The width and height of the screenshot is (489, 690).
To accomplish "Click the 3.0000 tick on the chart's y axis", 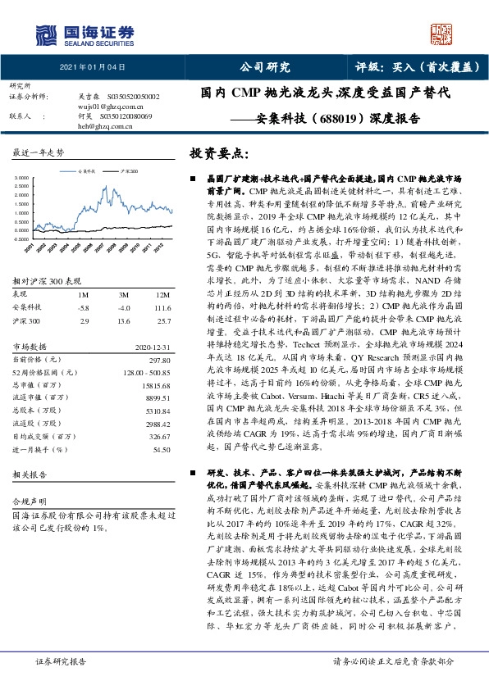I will point(21,177).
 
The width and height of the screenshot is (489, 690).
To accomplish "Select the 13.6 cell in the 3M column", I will point(126,321).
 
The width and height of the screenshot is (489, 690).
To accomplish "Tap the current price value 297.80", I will point(158,360).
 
